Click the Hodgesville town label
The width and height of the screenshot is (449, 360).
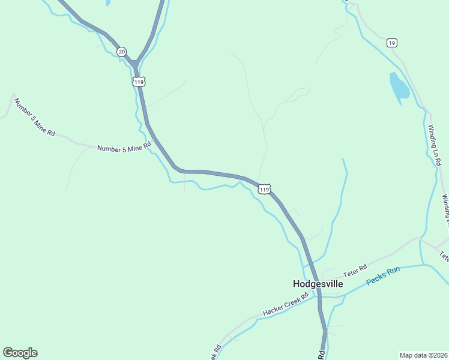click(318, 284)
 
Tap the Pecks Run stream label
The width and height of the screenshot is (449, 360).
click(383, 275)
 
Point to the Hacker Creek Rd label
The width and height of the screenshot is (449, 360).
click(286, 305)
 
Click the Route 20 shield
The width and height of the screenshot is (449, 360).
click(122, 52)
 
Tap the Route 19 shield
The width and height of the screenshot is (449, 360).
click(391, 43)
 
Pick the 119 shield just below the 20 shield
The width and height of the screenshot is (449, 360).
click(139, 81)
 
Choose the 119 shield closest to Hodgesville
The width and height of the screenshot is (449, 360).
click(265, 189)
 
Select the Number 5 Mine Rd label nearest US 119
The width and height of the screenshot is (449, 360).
click(124, 148)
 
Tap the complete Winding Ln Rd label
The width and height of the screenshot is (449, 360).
click(435, 144)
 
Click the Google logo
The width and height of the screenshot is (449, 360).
click(20, 353)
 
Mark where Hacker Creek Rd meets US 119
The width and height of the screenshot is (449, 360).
click(318, 295)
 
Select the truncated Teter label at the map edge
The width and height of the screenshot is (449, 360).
click(445, 256)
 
